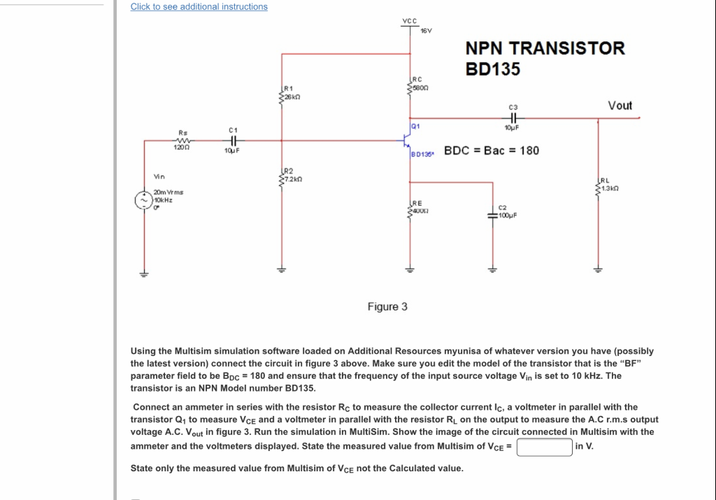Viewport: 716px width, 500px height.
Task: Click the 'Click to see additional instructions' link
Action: point(199,7)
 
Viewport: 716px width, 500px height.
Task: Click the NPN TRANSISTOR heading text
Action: point(545,48)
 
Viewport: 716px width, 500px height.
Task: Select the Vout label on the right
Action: point(620,106)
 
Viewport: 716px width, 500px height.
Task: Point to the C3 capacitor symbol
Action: point(515,118)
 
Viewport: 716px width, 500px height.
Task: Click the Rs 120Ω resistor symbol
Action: point(182,140)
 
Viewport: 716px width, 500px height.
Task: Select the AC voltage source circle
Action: point(143,199)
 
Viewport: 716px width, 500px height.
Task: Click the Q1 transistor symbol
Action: point(407,141)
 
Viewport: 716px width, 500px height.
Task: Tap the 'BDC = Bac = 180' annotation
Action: point(492,150)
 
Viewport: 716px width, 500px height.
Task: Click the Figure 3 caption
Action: point(387,307)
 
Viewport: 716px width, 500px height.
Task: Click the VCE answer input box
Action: point(545,447)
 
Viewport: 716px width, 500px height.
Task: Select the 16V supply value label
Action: point(427,31)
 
